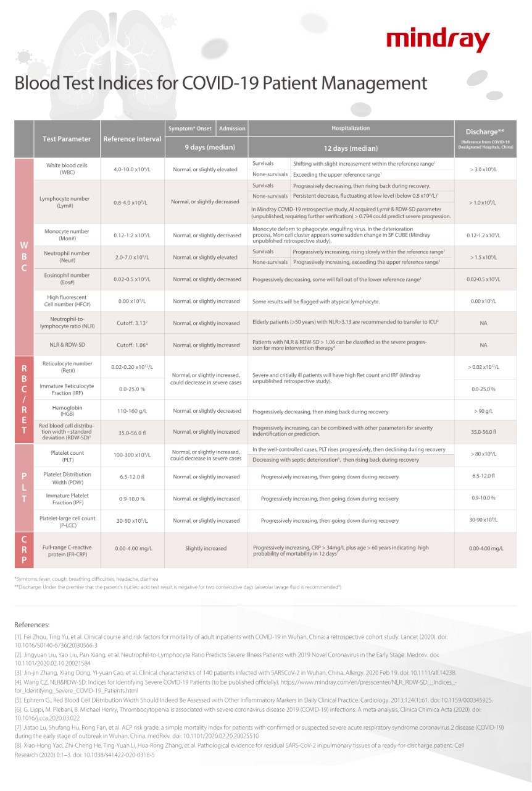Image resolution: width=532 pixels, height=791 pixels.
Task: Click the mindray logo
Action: point(438,41)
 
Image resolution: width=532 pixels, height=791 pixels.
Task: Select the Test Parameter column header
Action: point(67,139)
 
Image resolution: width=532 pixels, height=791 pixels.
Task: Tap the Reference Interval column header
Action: point(132,139)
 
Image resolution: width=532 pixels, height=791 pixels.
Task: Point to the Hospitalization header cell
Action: point(351,129)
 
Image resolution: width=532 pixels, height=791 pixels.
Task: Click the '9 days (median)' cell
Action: point(206,148)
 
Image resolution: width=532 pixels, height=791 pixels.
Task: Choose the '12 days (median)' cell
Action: point(351,148)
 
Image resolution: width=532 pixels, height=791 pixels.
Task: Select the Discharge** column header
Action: point(484,132)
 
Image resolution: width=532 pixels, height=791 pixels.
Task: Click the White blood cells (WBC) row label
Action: point(67,169)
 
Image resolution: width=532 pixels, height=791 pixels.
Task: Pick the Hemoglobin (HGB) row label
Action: point(67,411)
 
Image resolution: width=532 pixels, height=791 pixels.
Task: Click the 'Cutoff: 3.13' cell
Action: point(132,323)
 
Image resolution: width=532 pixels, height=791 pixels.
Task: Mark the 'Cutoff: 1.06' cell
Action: point(132,345)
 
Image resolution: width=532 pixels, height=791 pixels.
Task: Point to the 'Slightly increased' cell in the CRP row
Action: point(206,549)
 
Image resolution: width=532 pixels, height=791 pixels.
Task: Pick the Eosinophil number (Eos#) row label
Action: point(67,279)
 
